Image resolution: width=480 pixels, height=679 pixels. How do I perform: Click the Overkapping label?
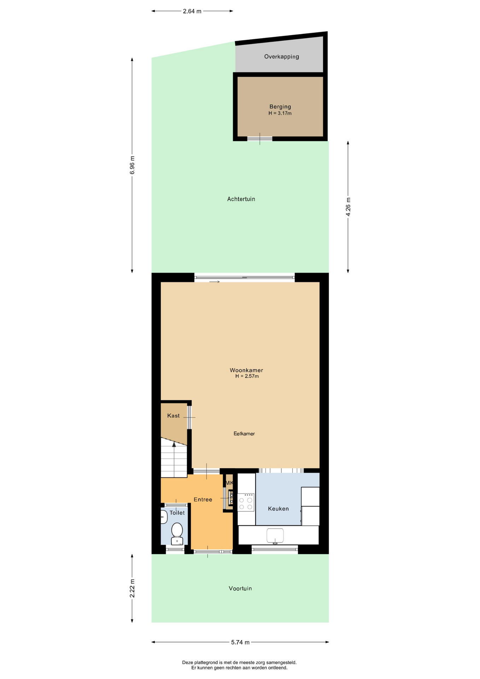coord(281,57)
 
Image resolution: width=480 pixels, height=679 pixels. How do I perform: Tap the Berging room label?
coord(280,106)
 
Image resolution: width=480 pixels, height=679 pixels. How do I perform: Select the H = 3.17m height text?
coord(280,114)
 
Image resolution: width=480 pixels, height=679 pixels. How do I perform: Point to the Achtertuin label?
coord(241,199)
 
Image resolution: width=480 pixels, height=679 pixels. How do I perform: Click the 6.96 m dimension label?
coord(132,165)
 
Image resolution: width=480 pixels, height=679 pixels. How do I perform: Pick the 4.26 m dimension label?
coord(348,207)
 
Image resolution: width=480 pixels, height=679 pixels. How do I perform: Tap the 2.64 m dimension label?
coord(192,11)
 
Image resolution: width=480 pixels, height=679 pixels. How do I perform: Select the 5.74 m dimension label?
coord(240,642)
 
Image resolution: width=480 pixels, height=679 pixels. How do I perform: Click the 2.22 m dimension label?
coord(132,588)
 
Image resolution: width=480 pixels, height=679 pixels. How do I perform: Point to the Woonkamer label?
coord(246,370)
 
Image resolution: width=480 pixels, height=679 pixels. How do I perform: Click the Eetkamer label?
coord(244,434)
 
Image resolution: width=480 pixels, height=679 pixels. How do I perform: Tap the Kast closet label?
coord(173,416)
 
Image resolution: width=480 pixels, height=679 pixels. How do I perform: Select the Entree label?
coord(203,499)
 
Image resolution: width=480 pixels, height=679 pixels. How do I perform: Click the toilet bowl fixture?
coord(177,533)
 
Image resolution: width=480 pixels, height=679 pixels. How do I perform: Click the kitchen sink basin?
coord(275,535)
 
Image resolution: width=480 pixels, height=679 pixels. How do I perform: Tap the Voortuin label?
coord(240,588)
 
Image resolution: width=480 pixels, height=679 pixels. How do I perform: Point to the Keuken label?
coord(278,509)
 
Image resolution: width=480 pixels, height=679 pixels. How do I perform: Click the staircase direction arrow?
coord(174,459)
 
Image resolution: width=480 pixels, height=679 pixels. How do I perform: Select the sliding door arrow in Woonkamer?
coord(215,282)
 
